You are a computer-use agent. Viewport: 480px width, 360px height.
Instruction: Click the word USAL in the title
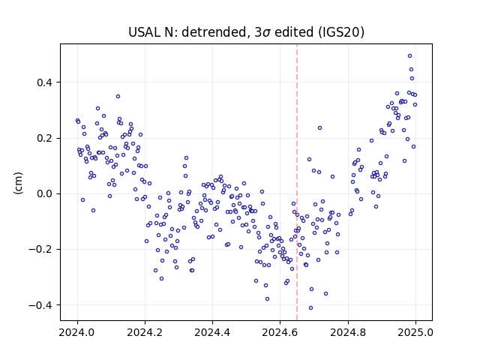(142, 32)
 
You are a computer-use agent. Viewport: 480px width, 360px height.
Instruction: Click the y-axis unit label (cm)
(18, 183)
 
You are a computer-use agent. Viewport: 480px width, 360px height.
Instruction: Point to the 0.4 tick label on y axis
(46, 82)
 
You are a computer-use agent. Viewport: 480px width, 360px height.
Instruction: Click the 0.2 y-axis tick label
(46, 138)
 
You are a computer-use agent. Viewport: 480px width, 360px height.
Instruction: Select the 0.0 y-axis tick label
(46, 194)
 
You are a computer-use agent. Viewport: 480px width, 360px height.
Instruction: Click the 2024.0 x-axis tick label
(77, 332)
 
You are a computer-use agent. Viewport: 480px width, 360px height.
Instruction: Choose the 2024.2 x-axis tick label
(145, 332)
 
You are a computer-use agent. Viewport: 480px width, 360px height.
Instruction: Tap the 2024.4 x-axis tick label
(212, 332)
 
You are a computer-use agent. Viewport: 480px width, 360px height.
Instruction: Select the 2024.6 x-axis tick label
(280, 332)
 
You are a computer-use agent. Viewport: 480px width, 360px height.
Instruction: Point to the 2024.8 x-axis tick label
(348, 332)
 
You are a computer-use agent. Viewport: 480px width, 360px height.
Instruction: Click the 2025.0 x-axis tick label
(415, 332)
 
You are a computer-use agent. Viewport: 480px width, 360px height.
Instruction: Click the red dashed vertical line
(297, 182)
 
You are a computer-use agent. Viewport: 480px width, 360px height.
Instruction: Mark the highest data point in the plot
(410, 56)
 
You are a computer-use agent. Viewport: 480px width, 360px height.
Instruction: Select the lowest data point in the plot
(310, 308)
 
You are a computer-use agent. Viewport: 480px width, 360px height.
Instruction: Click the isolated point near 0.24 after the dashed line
(320, 128)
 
